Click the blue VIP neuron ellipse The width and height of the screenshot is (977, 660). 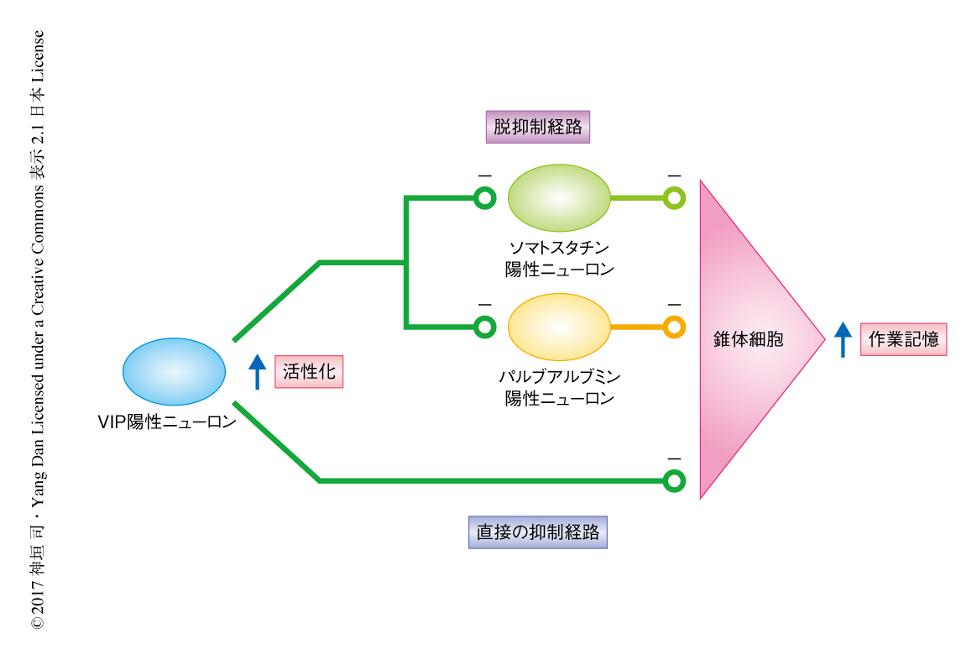pyautogui.click(x=174, y=370)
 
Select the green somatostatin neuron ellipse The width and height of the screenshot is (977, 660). pyautogui.click(x=559, y=198)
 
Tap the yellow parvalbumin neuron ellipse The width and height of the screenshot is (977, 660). pyautogui.click(x=559, y=327)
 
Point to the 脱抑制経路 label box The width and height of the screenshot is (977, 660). pyautogui.click(x=537, y=127)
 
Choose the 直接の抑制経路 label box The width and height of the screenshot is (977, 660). pyautogui.click(x=537, y=532)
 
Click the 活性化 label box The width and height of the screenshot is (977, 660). pyautogui.click(x=309, y=372)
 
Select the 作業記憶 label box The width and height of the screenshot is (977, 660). pyautogui.click(x=903, y=340)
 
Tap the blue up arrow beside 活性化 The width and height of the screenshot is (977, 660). pyautogui.click(x=258, y=372)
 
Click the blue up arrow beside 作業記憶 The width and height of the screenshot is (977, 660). pyautogui.click(x=843, y=340)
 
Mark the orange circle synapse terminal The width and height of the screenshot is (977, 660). pyautogui.click(x=674, y=327)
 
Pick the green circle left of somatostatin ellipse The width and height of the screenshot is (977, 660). pyautogui.click(x=484, y=198)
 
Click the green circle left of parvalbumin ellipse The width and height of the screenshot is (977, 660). pyautogui.click(x=484, y=327)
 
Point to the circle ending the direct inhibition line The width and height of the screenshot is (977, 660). pyautogui.click(x=674, y=481)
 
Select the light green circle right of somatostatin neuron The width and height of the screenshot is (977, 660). pyautogui.click(x=674, y=198)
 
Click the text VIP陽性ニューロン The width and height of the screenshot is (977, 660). pyautogui.click(x=167, y=422)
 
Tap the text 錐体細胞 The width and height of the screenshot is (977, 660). pyautogui.click(x=748, y=340)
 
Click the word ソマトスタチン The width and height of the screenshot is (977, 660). pyautogui.click(x=559, y=248)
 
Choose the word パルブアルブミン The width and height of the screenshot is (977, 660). pyautogui.click(x=559, y=376)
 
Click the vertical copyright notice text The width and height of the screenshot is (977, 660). pyautogui.click(x=38, y=330)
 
